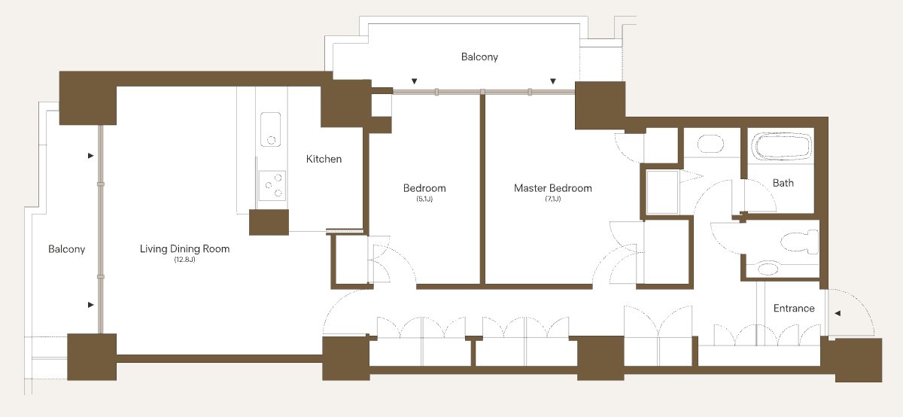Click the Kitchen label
coord(324,159)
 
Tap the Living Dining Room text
coord(184,249)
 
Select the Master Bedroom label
coord(552,188)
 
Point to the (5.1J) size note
coord(424,199)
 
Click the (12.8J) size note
coord(184,260)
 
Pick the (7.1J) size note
coord(552,199)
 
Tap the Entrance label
coord(794,309)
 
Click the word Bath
coord(783,183)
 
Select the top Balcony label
coord(479,57)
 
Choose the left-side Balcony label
coord(66,249)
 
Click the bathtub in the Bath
coord(781,146)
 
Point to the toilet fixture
coord(799,241)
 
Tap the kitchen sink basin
coord(270,129)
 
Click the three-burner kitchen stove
coord(272,185)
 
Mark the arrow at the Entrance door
coord(838,313)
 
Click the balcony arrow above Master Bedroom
coord(553,81)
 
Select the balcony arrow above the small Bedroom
coord(414,81)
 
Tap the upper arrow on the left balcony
coord(91,156)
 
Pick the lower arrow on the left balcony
coord(91,305)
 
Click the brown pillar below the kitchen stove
coord(269,222)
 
